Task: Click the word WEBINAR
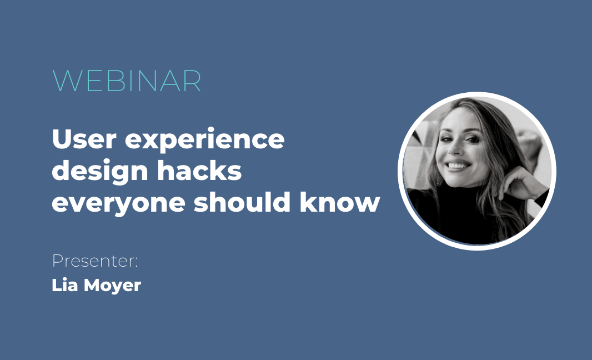click(x=127, y=81)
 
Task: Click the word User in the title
click(x=84, y=139)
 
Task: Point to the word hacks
click(x=199, y=171)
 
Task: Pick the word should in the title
click(x=242, y=202)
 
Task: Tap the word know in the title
click(x=339, y=202)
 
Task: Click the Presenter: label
click(x=95, y=261)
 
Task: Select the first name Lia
click(x=64, y=285)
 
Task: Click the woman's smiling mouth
click(x=458, y=165)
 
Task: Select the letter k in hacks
click(x=217, y=171)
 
